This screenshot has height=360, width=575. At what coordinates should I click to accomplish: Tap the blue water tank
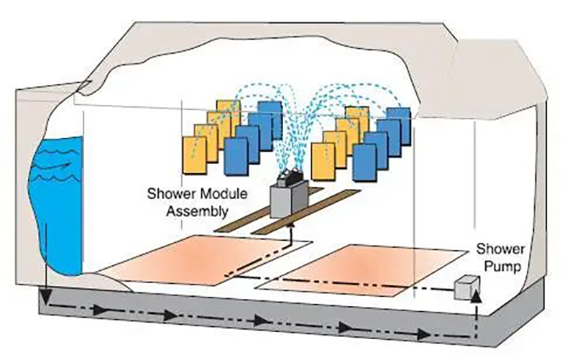point(61,208)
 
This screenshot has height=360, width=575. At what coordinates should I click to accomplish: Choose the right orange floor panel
point(367,267)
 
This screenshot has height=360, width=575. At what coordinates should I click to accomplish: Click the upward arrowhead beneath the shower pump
point(474,297)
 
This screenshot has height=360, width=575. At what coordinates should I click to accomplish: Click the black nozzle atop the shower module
point(290,172)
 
